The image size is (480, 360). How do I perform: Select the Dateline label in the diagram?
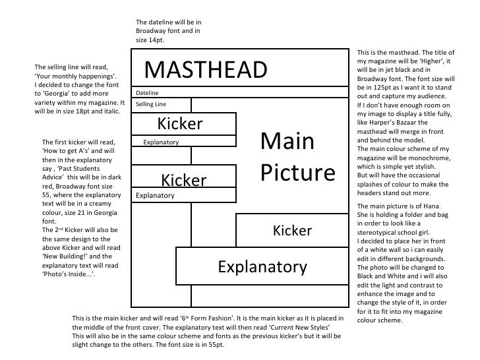147,93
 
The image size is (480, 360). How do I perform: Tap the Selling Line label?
151,104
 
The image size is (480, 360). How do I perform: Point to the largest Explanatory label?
263,266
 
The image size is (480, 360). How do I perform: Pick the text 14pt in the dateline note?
147,40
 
